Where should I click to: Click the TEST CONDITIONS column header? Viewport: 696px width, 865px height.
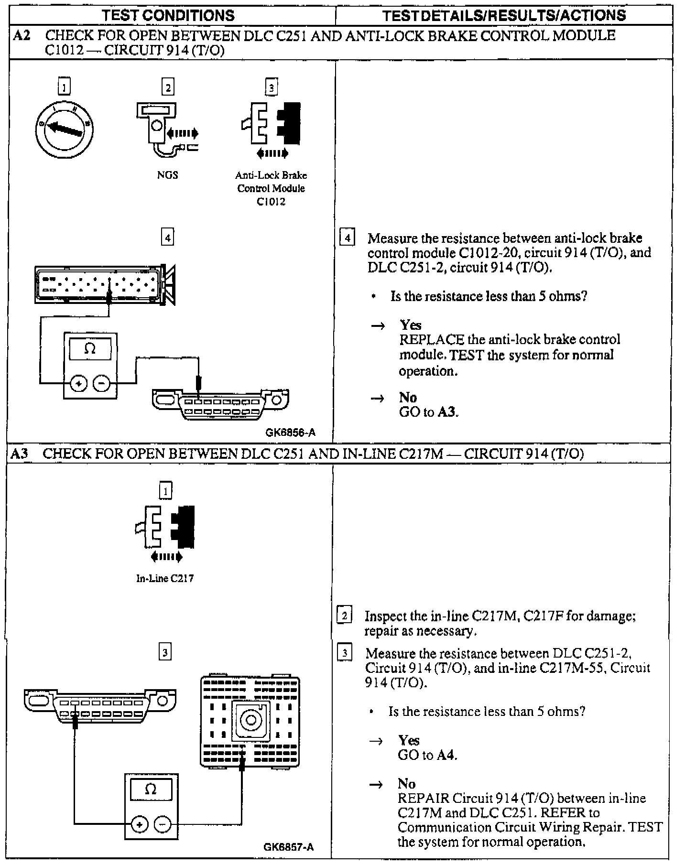click(168, 15)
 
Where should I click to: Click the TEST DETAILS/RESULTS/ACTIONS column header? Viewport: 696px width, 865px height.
click(504, 15)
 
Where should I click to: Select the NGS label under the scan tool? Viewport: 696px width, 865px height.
click(167, 175)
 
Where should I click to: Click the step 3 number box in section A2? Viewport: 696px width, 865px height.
click(271, 87)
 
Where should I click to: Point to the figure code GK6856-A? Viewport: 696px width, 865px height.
click(290, 432)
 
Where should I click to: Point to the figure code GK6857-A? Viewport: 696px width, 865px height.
click(289, 847)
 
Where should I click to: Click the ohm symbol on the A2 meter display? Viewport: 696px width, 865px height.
click(90, 349)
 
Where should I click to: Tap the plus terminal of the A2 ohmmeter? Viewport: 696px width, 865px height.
click(78, 383)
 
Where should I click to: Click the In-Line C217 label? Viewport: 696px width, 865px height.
click(165, 578)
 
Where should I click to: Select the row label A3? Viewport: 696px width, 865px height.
click(20, 454)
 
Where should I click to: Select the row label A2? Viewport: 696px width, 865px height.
click(22, 35)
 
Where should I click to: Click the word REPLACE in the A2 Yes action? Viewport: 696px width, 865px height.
click(431, 340)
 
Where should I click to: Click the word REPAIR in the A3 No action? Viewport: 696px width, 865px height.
click(423, 798)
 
